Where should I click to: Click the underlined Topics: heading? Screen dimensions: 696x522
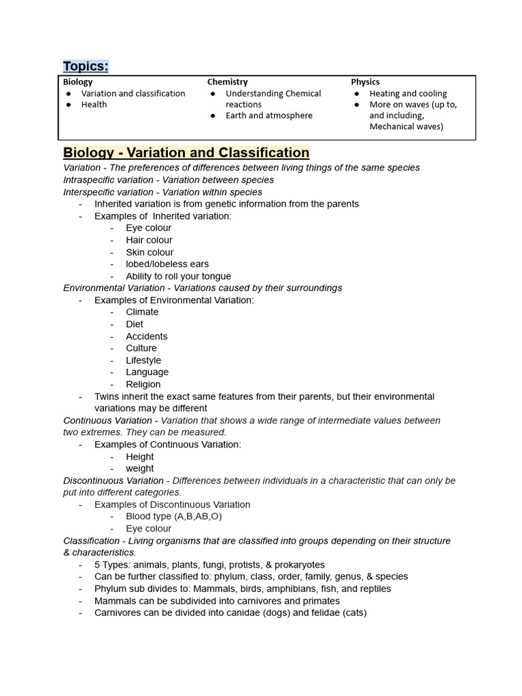click(x=86, y=66)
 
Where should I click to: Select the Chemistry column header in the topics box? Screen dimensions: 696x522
click(x=227, y=82)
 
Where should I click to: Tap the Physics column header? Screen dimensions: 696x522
click(x=365, y=82)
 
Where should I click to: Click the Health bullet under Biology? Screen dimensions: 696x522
click(x=94, y=105)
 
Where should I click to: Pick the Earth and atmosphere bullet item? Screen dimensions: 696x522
click(x=268, y=116)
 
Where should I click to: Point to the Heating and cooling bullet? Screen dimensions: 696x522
click(x=408, y=94)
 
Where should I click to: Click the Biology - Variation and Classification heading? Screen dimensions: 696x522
click(x=186, y=153)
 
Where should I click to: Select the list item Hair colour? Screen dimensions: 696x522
click(x=149, y=240)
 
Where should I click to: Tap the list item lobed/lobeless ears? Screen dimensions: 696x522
click(x=167, y=264)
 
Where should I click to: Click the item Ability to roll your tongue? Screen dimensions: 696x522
click(x=178, y=276)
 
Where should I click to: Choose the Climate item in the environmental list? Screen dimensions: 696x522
click(x=142, y=312)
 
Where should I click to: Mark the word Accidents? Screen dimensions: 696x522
click(x=146, y=336)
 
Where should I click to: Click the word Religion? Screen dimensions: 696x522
click(x=143, y=384)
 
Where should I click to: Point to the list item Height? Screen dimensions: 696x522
click(x=139, y=457)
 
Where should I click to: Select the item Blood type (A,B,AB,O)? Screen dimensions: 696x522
click(x=173, y=517)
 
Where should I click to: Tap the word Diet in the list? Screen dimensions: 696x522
click(x=135, y=324)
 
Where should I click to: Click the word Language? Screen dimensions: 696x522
click(x=147, y=372)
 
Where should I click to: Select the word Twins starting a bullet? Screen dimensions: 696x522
click(x=107, y=396)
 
